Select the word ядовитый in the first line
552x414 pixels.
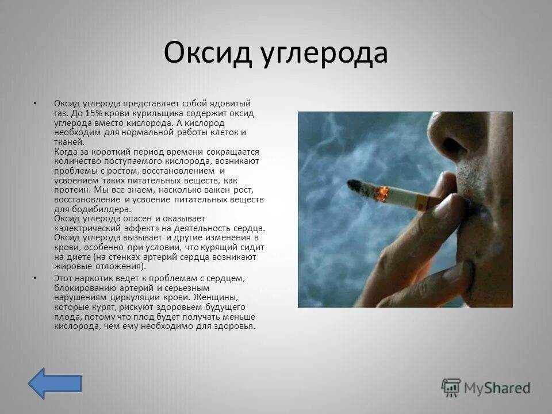tap(228, 103)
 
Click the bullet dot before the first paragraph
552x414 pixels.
tap(35, 104)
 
